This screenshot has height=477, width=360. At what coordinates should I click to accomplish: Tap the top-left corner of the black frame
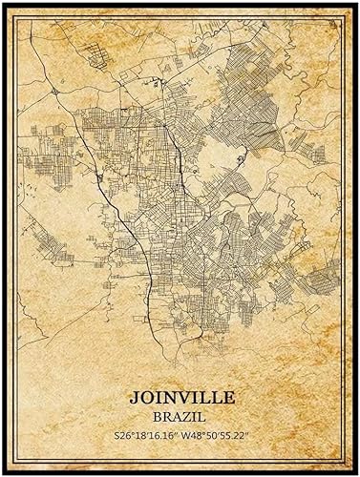coord(3,3)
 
